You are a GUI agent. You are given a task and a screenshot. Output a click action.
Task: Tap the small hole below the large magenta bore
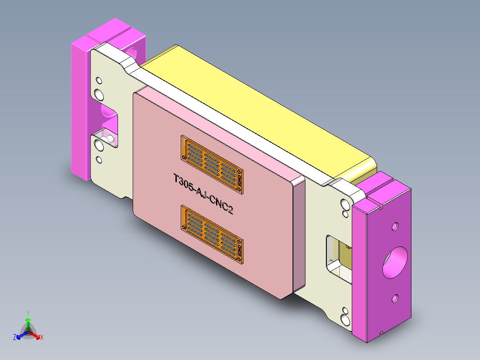(x=395, y=299)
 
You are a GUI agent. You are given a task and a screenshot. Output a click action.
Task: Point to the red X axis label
(x=42, y=338)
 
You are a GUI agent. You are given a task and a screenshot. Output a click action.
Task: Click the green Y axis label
(x=28, y=313)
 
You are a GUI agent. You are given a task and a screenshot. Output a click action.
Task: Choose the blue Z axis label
(x=15, y=337)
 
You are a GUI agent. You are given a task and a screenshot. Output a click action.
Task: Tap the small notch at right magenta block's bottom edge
(x=382, y=332)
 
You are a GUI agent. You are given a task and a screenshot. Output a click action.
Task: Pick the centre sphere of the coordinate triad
(x=28, y=332)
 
